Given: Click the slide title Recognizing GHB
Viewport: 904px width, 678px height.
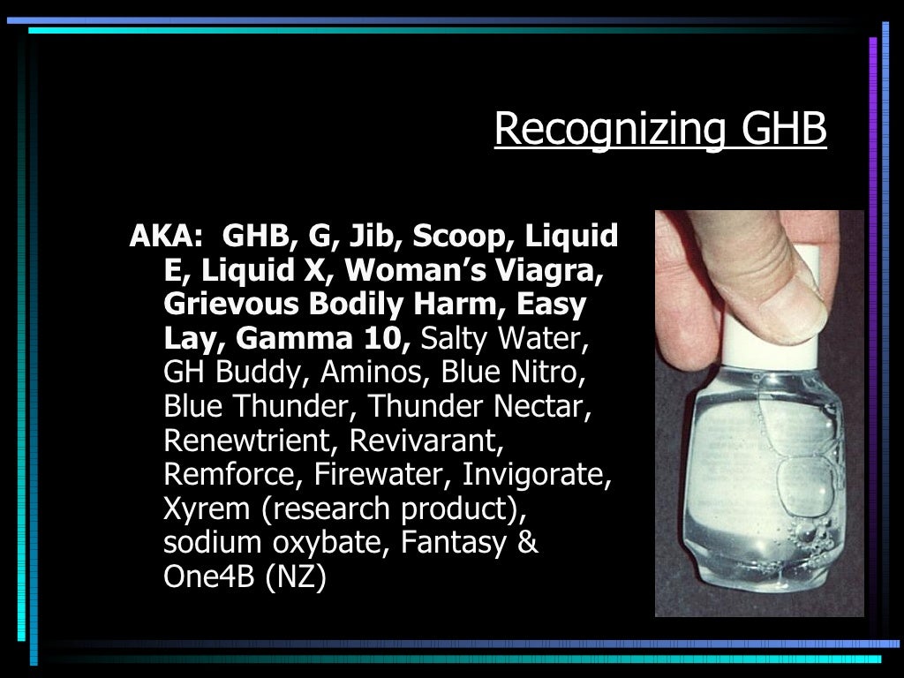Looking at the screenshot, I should pyautogui.click(x=659, y=130).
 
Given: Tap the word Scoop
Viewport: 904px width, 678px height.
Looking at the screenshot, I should pyautogui.click(x=464, y=237).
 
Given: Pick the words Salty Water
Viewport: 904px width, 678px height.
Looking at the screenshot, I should pyautogui.click(x=507, y=338).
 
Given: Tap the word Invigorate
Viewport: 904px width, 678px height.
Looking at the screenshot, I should pyautogui.click(x=537, y=474).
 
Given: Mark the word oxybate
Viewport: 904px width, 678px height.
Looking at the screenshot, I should pyautogui.click(x=318, y=542).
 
